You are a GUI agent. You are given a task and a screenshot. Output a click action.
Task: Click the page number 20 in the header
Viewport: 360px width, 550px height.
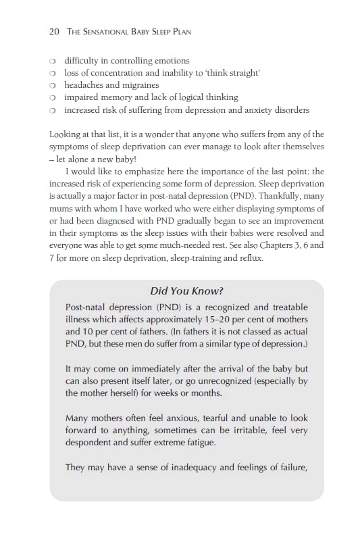point(55,32)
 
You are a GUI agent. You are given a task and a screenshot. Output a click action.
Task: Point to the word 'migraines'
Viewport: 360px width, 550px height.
point(138,85)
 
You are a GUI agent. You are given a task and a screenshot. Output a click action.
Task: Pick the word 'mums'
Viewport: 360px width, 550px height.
point(61,208)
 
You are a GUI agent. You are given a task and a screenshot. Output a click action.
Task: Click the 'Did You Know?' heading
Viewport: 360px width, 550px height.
point(186,291)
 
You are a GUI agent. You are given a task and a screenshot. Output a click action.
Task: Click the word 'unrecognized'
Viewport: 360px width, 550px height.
point(203,382)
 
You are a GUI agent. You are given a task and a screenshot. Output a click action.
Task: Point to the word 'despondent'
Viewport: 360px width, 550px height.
point(92,443)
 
